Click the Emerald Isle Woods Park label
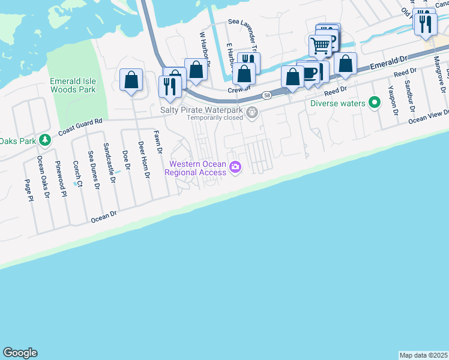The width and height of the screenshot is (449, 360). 73,85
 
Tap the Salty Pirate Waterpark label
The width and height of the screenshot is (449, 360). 202,110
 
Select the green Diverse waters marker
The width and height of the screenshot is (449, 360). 375,103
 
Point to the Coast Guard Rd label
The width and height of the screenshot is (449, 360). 80,127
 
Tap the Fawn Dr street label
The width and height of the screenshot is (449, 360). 158,143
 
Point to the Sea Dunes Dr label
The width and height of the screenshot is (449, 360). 94,170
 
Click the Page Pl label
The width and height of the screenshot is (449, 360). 28,191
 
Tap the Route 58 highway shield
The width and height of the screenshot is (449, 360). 266,96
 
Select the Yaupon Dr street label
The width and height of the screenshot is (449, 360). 393,98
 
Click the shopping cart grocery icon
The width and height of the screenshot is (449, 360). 320,44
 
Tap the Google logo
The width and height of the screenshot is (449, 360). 20,353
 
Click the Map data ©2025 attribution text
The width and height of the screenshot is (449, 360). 423,355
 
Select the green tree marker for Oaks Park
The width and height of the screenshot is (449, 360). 44,140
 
